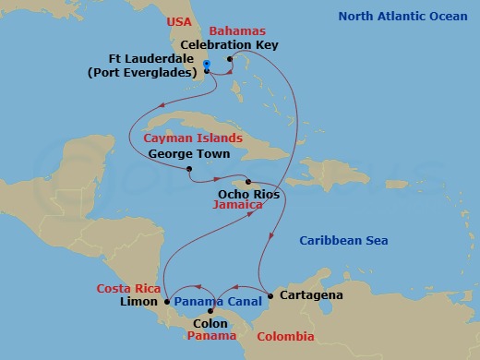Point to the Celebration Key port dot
230,59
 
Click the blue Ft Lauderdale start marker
206,64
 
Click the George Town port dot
188,169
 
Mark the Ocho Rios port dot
247,181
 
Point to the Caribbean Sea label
345,242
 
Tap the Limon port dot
167,301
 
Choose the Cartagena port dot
270,295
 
